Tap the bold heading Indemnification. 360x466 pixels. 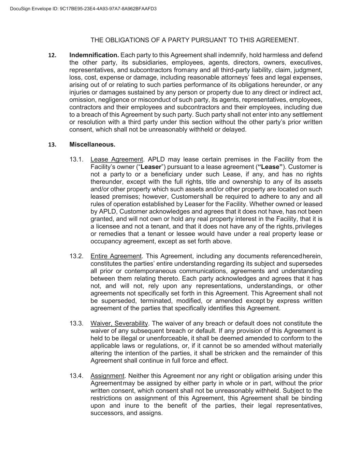(94, 55)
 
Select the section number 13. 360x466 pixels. (52, 145)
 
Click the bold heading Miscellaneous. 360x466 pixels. (92, 145)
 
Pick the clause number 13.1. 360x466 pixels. (76, 159)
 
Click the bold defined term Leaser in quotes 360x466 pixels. (151, 167)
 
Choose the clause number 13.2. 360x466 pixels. (76, 256)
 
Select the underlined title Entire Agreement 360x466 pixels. (116, 256)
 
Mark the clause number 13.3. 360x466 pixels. (76, 324)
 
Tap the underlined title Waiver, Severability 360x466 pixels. (119, 324)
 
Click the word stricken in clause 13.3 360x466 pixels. (236, 353)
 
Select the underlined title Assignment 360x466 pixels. (107, 376)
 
